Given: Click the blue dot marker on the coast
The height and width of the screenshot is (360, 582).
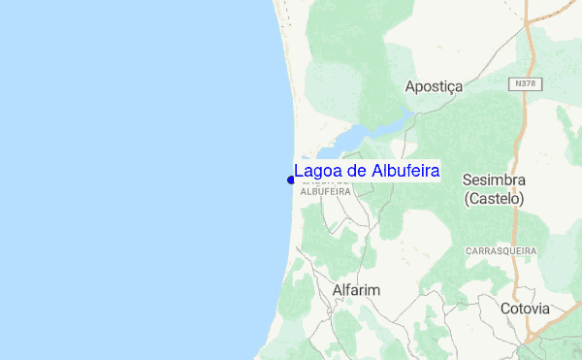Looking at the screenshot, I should tap(291, 179).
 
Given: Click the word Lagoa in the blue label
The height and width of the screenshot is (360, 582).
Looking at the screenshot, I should tap(317, 172).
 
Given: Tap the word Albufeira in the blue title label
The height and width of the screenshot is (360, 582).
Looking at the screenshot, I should tap(404, 172).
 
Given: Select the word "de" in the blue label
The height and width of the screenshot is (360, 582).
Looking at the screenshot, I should tap(356, 172).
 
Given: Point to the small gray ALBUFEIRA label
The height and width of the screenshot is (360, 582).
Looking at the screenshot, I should tap(325, 192).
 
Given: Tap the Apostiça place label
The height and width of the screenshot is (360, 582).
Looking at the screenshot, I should tap(434, 86).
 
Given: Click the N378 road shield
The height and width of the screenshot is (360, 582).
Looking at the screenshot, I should tap(525, 84).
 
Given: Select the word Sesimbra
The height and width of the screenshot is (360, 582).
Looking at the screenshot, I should tap(494, 180).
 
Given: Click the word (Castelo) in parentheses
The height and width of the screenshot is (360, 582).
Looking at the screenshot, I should tap(494, 198).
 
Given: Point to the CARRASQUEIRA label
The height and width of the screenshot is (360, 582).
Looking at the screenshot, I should tap(501, 250).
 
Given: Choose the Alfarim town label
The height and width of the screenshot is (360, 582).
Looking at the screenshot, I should tap(356, 290).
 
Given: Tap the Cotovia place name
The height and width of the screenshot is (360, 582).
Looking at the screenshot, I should tap(525, 309).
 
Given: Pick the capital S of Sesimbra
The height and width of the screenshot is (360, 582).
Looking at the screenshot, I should tap(468, 180).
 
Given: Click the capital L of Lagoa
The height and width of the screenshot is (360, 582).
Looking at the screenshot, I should tap(299, 172).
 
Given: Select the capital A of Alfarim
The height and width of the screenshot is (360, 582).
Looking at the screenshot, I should tap(337, 290).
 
